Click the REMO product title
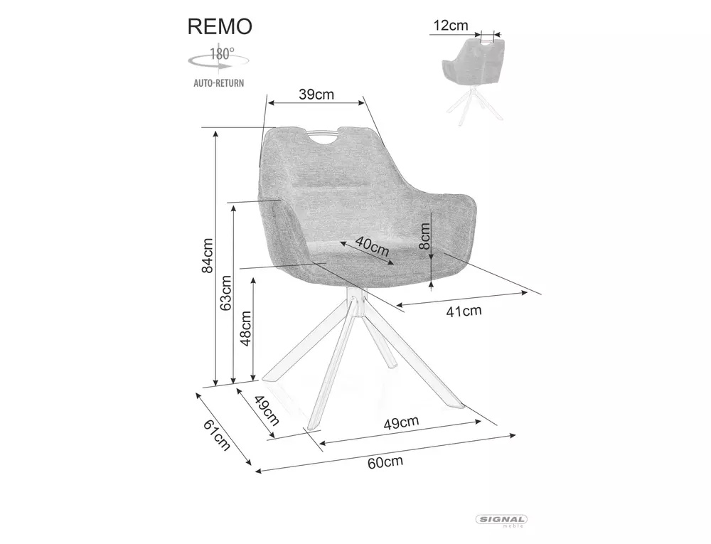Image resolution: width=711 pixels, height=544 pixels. [x=220, y=27]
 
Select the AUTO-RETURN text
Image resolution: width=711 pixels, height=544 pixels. [x=219, y=83]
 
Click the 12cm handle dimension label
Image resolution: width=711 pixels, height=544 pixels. [x=450, y=26]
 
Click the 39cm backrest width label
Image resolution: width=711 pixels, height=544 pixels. [x=316, y=95]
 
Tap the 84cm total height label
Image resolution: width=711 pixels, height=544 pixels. [x=207, y=255]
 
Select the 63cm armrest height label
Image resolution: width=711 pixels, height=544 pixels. [x=226, y=293]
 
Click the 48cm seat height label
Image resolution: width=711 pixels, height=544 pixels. [x=245, y=329]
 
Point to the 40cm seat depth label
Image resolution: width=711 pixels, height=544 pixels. [x=372, y=246]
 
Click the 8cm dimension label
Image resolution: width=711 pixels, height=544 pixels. [x=424, y=236]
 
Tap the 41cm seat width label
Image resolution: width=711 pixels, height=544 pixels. [x=464, y=311]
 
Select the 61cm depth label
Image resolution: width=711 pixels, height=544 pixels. [x=217, y=435]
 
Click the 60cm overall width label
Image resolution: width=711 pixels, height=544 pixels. [x=385, y=462]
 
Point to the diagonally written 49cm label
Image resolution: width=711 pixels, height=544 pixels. [x=267, y=410]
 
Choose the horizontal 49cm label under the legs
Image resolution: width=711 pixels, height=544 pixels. [x=401, y=422]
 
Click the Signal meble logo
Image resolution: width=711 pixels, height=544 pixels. [x=501, y=521]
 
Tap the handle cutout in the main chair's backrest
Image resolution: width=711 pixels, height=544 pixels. [x=324, y=137]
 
